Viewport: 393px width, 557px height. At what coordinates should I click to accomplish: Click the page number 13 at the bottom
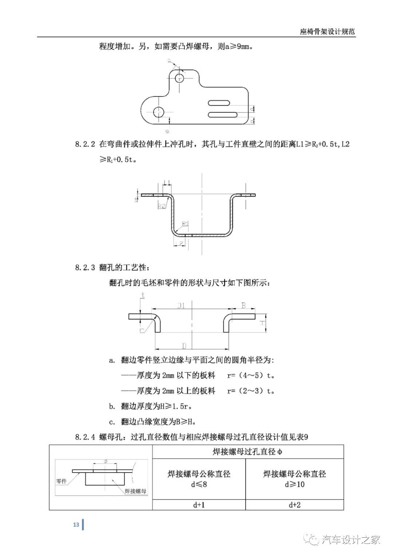pos(76,524)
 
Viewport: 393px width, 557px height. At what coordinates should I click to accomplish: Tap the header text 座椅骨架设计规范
pos(327,32)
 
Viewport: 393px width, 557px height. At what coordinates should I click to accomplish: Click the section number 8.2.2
pos(85,144)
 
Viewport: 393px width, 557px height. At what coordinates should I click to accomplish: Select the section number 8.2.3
pos(85,268)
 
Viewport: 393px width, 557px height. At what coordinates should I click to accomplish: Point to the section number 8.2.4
pos(85,437)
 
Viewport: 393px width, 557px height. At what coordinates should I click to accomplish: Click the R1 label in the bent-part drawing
pos(185,224)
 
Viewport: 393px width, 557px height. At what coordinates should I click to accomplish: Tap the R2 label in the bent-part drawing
pos(162,206)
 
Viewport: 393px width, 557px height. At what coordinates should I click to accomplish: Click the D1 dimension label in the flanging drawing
pos(181,306)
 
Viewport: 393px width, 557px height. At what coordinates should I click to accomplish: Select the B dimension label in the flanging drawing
pos(243,306)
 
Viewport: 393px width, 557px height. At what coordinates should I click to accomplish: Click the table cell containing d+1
pos(199,505)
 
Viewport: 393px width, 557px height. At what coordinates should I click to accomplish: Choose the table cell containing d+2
pos(295,505)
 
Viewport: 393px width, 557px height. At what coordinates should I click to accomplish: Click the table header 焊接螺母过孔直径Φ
pos(247,452)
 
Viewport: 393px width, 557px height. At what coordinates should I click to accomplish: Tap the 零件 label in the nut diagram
pos(61,481)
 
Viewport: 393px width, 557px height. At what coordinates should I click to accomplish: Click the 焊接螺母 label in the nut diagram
pos(135,491)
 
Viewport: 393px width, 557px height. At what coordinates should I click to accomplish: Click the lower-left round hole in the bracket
pos(159,112)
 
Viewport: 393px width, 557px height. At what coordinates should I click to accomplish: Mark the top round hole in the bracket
pos(180,78)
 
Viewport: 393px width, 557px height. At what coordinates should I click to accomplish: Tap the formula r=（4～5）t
pos(250,375)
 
